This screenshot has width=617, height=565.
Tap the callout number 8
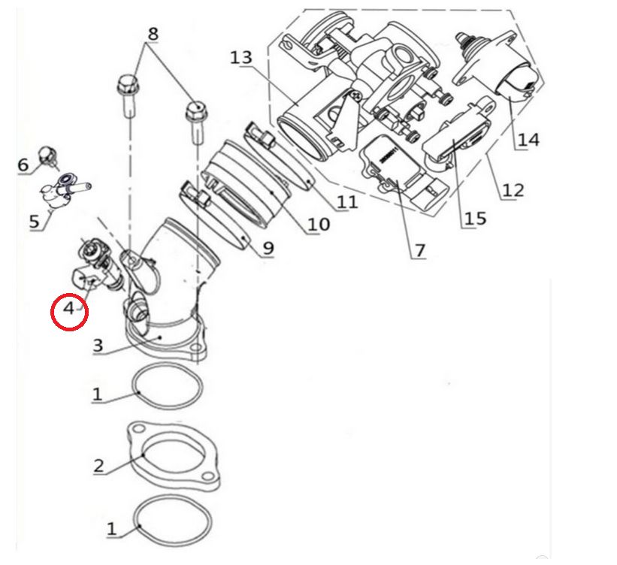153,34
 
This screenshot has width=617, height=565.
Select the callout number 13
241,58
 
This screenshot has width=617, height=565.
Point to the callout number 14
528,140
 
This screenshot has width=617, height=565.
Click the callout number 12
513,190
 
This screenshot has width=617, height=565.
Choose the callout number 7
419,250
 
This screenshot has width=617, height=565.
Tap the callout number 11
347,201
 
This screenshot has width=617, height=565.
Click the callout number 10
319,224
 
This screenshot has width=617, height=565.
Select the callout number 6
23,164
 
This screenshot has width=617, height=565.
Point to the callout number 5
34,222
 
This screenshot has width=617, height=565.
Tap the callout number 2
98,465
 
